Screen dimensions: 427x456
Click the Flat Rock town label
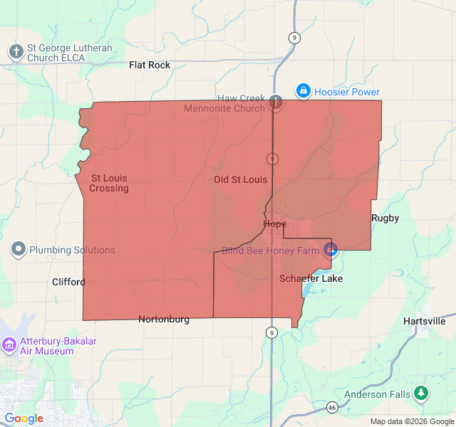[150, 65]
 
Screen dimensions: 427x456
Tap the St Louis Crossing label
[109, 183]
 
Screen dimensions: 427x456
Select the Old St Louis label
[240, 180]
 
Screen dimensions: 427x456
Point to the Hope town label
[275, 223]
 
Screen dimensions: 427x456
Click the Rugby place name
[385, 218]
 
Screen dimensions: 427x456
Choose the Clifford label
[68, 282]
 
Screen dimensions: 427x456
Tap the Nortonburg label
[164, 319]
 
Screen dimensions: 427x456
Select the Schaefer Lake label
[311, 278]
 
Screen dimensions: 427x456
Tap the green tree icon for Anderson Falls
[422, 393]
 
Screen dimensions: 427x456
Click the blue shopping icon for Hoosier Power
[304, 91]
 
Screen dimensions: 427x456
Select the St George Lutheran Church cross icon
[16, 51]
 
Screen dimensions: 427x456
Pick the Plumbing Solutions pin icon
[18, 250]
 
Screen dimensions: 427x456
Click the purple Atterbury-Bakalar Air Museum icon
[9, 345]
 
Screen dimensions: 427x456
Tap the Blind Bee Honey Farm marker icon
[331, 249]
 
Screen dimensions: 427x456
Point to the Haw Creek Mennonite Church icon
[275, 102]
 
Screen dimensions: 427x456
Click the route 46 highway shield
[332, 407]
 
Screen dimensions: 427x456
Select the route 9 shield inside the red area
[271, 158]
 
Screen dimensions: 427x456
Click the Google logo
[24, 418]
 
